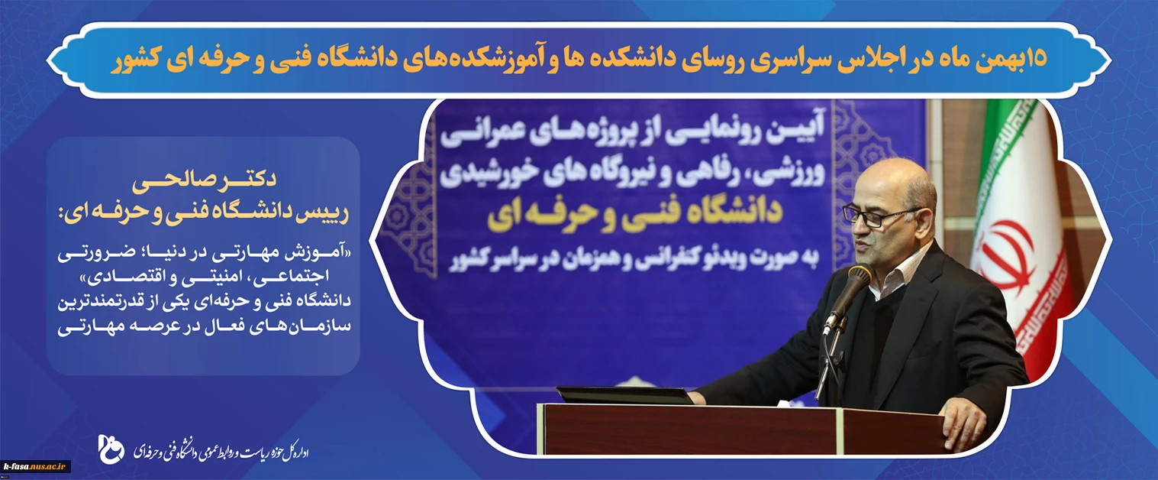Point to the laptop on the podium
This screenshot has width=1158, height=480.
pyautogui.click(x=624, y=396)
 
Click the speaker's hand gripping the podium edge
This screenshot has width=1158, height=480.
pyautogui.click(x=962, y=426)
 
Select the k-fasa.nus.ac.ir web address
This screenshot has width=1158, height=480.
pyautogui.click(x=36, y=466)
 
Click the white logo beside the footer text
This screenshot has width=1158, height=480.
pyautogui.click(x=111, y=449)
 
